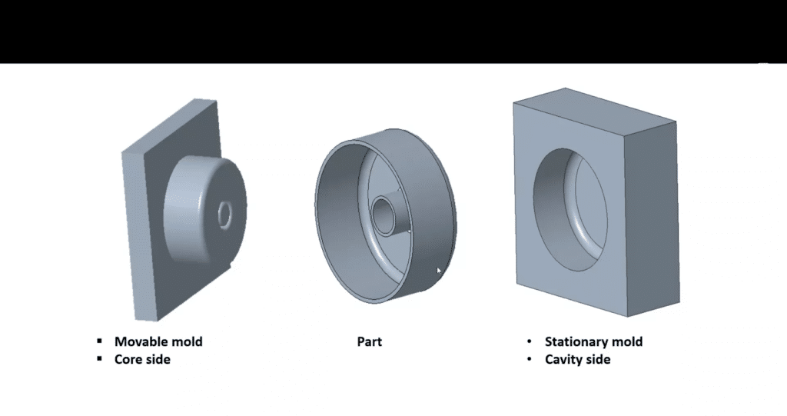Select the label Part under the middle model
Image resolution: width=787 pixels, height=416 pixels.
[369, 341]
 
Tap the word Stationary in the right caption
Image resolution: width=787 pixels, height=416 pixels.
[577, 341]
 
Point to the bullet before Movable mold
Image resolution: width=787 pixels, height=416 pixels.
[99, 341]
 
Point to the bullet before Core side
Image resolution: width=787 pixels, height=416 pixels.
[99, 359]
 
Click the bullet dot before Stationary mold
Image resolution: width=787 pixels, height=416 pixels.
[530, 341]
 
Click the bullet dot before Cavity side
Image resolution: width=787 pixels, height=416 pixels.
[530, 359]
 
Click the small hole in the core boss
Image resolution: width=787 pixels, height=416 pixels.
[225, 215]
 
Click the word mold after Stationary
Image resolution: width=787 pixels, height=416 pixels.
[627, 341]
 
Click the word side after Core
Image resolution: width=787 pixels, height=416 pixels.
[157, 359]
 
